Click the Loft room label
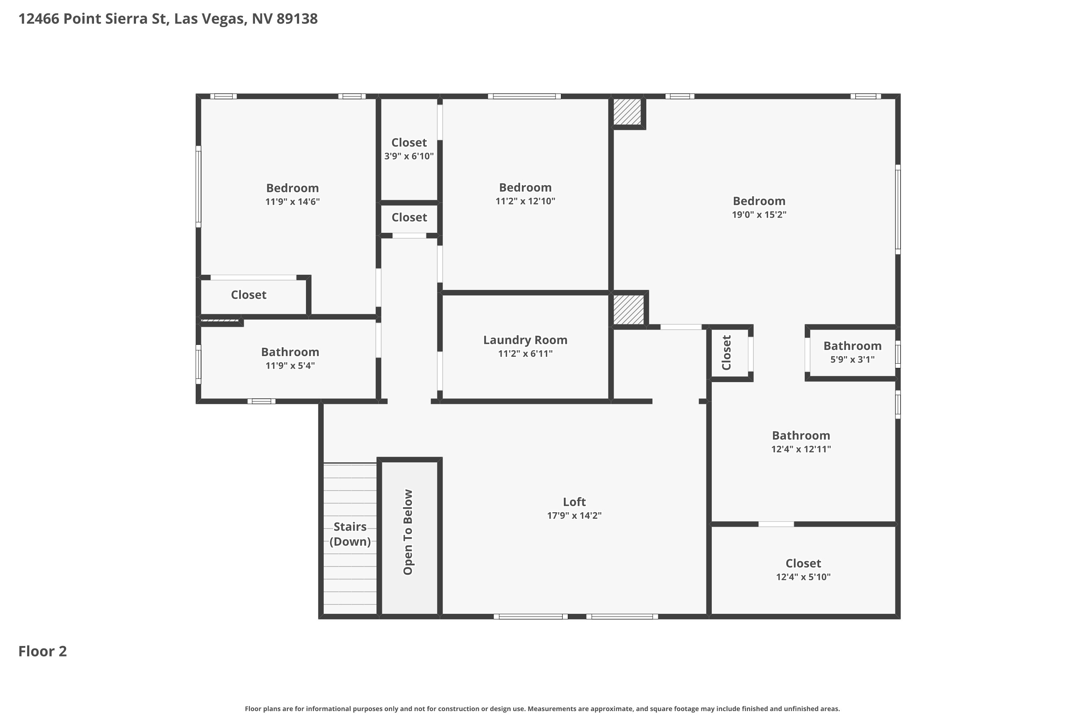tap(574, 502)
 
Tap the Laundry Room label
tap(525, 340)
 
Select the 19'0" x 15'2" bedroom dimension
tap(759, 214)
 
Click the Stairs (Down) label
tap(350, 534)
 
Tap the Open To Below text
tap(408, 532)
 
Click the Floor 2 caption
tap(42, 651)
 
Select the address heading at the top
tap(168, 19)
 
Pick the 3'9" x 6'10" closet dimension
tap(409, 156)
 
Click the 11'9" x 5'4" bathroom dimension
tap(290, 365)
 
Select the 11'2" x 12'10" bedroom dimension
tap(525, 201)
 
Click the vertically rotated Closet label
tap(727, 353)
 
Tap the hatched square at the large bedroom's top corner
tap(627, 112)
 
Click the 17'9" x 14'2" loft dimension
tap(574, 515)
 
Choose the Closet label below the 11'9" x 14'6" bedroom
tap(249, 295)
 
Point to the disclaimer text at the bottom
tap(542, 709)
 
